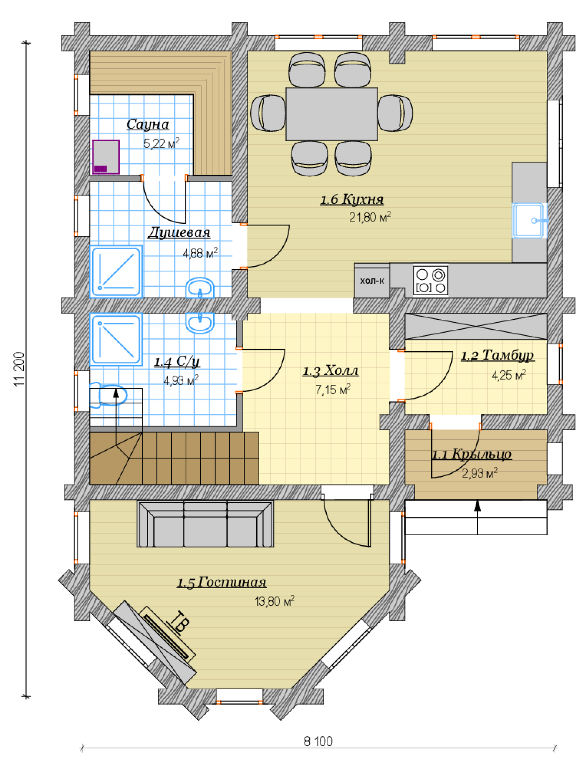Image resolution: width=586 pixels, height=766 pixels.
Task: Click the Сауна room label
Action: (x=148, y=124)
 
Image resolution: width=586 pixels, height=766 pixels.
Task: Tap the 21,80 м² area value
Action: (x=370, y=217)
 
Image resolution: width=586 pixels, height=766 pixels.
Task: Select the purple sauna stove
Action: (x=106, y=157)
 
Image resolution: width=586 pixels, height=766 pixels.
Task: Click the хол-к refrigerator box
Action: (x=372, y=281)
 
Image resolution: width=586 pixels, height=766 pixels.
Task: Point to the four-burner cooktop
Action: (x=431, y=280)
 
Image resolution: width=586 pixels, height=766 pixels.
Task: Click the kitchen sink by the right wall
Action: (x=529, y=220)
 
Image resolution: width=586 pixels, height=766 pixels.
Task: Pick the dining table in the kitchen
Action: (x=332, y=114)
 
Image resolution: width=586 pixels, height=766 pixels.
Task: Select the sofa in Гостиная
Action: (x=205, y=524)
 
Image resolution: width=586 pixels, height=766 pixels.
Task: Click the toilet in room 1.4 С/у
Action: (x=108, y=395)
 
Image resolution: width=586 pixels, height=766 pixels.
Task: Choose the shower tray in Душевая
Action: (x=116, y=272)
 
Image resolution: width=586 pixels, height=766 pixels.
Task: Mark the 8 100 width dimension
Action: (x=318, y=741)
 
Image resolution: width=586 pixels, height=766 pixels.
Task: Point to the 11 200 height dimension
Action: (x=20, y=369)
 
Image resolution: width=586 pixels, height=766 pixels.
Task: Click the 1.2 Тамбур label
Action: (x=497, y=355)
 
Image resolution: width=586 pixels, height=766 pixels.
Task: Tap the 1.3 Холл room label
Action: (x=330, y=371)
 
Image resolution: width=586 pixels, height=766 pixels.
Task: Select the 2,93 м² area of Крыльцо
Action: (x=480, y=473)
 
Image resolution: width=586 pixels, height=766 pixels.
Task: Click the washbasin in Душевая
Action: (x=200, y=288)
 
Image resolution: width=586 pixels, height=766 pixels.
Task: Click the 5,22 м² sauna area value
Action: (x=162, y=143)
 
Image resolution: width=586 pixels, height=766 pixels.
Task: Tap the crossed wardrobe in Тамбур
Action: (x=476, y=326)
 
